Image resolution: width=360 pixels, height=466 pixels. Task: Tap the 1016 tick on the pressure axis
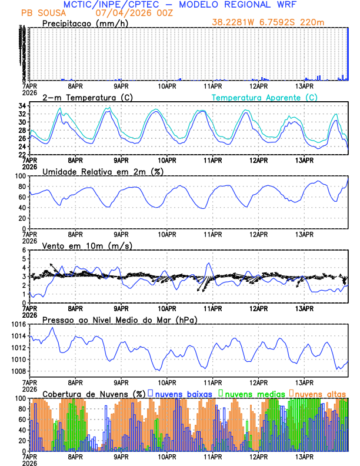coord(18,324)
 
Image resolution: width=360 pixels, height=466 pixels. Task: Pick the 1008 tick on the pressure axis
coord(18,371)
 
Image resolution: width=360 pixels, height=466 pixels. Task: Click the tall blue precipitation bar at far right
coord(348,53)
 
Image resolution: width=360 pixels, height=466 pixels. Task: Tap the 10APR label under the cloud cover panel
coord(167,457)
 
